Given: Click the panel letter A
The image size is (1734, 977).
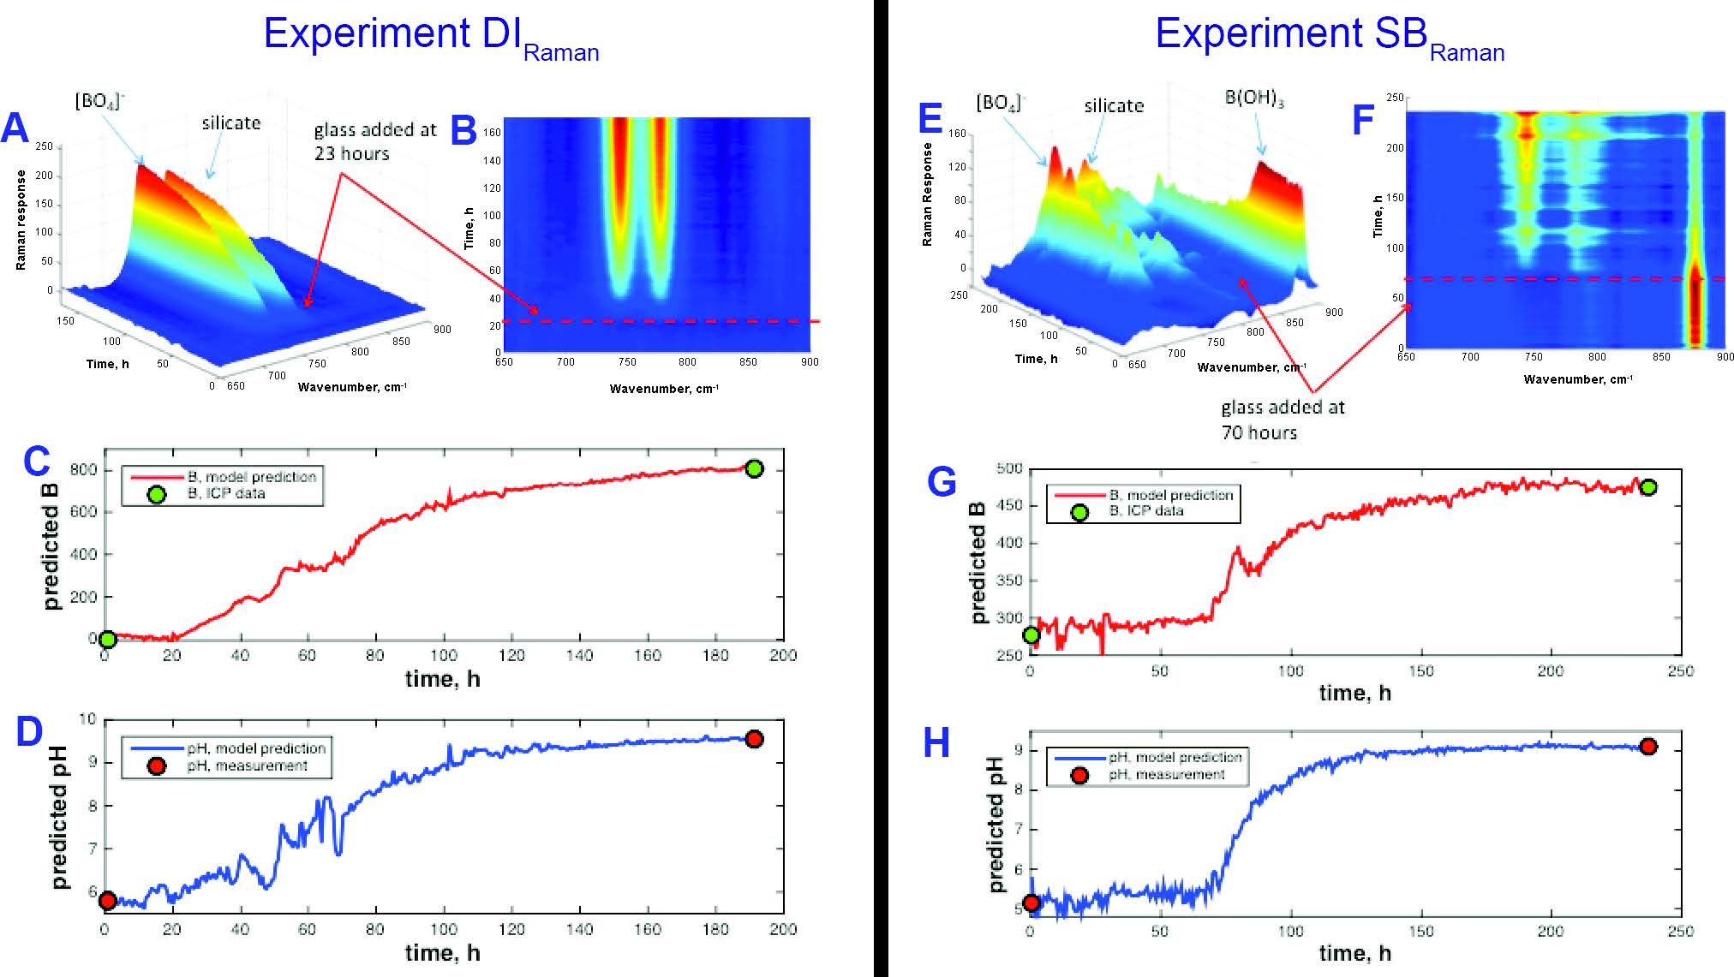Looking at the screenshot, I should (15, 128).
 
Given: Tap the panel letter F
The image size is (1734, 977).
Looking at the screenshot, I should (1363, 120).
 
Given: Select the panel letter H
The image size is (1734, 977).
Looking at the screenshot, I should (936, 743).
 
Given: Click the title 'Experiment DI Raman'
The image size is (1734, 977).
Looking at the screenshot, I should (431, 37).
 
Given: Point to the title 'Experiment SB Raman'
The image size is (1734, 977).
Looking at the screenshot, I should (1329, 37).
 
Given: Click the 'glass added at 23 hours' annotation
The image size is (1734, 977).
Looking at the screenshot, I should (375, 142).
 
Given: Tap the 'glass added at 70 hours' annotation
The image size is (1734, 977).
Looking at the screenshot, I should (1283, 420).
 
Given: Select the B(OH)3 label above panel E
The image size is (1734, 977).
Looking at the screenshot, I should (1254, 98).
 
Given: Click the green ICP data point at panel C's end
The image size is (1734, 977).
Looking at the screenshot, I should (754, 468).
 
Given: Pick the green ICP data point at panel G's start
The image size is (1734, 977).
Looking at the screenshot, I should (1031, 635).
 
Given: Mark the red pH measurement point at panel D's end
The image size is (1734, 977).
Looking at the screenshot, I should (754, 739).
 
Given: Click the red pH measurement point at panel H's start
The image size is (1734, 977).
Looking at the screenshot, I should (1031, 903).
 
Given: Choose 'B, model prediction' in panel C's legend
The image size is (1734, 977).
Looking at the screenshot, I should (252, 477).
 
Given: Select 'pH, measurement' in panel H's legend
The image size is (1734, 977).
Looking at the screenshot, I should (1167, 775).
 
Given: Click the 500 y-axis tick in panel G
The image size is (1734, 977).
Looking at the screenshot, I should (1009, 468).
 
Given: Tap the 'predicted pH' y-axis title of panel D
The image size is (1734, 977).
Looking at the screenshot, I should (58, 819).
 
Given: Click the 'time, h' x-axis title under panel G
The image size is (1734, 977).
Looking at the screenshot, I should (1354, 693).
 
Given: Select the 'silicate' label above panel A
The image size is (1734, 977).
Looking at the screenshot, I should (231, 123).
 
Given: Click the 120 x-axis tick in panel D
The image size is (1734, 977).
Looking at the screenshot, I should (511, 929).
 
